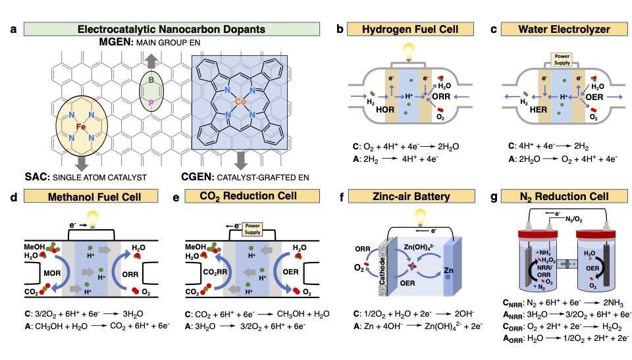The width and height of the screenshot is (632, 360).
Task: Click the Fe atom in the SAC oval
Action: tap(80, 126)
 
